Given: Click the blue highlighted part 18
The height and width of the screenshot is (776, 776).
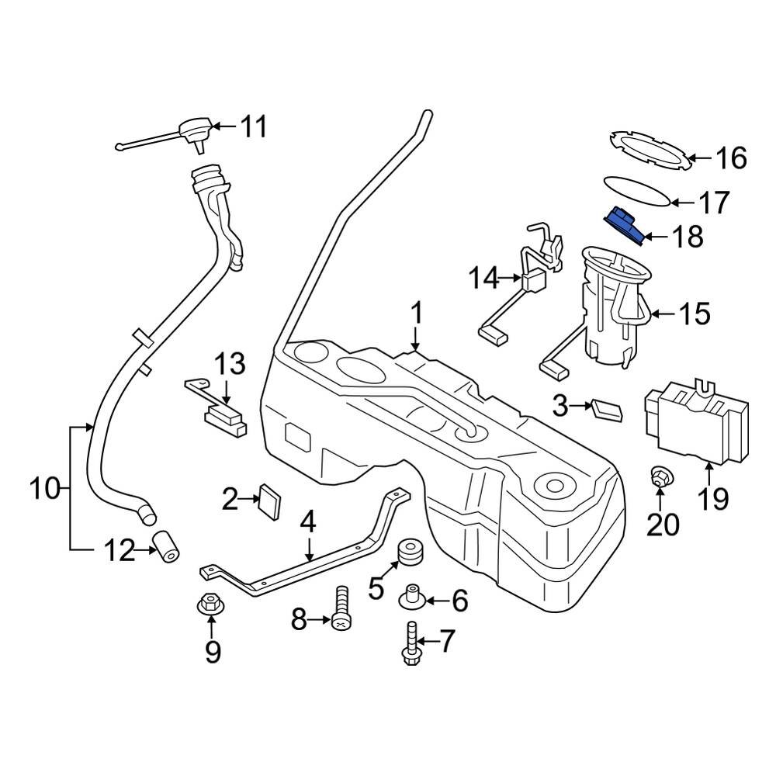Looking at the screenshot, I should coord(624,226).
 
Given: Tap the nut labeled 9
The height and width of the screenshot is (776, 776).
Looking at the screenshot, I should coord(209,603).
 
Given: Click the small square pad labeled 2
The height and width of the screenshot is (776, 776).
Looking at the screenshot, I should coord(271,501).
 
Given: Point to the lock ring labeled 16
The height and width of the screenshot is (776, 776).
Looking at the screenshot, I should coord(649,149).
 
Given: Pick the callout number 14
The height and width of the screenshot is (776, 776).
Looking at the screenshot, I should coord(487,277).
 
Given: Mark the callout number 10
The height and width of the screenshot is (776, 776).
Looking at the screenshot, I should coord(44,489).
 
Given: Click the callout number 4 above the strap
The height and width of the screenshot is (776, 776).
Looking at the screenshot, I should coord(308,522).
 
